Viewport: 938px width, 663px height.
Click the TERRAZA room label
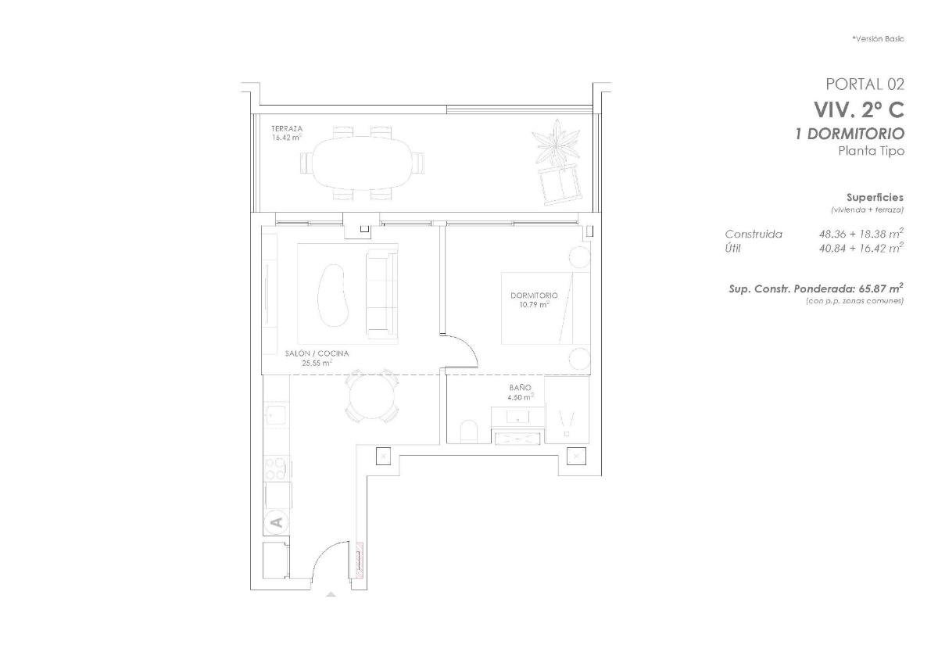click(x=287, y=128)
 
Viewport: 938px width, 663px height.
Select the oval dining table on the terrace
click(x=361, y=163)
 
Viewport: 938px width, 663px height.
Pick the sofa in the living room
click(x=381, y=290)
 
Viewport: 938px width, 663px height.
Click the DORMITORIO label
click(x=534, y=296)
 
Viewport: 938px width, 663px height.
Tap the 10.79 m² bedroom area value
click(x=533, y=305)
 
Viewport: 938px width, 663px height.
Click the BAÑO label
click(x=521, y=388)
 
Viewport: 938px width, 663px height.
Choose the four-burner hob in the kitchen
click(x=276, y=468)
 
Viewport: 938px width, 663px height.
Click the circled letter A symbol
click(x=275, y=519)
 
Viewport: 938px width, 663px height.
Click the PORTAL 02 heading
click(x=865, y=84)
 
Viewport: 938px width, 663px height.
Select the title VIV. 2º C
click(x=858, y=109)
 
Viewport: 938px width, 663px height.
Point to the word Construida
click(x=754, y=234)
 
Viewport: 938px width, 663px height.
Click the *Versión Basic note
click(x=878, y=38)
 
